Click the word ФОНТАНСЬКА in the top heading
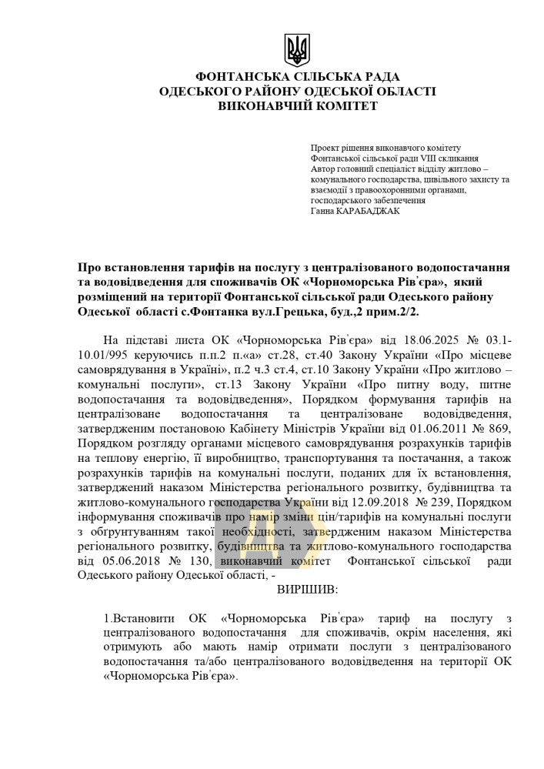coord(244,77)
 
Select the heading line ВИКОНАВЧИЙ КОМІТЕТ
coord(298,105)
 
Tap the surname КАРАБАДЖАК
coord(369,211)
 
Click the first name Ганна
coord(322,211)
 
